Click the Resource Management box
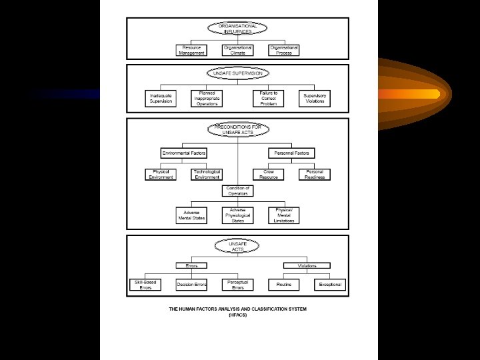click(191, 50)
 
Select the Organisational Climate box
click(238, 50)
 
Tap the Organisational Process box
click(284, 50)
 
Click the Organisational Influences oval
click(238, 28)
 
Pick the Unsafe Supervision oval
click(238, 72)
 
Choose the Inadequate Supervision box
click(160, 98)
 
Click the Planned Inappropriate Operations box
click(207, 98)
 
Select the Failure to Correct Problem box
click(269, 98)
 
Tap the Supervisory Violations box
click(315, 98)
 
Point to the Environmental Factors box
click(184, 153)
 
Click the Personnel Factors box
click(292, 153)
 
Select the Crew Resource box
click(269, 175)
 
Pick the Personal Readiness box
click(315, 175)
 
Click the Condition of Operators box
click(238, 191)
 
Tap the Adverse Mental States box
click(191, 215)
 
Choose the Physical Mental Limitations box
click(284, 215)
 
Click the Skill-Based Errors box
click(145, 285)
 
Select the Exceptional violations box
click(330, 285)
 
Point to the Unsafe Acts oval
click(238, 246)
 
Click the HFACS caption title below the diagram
click(238, 311)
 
